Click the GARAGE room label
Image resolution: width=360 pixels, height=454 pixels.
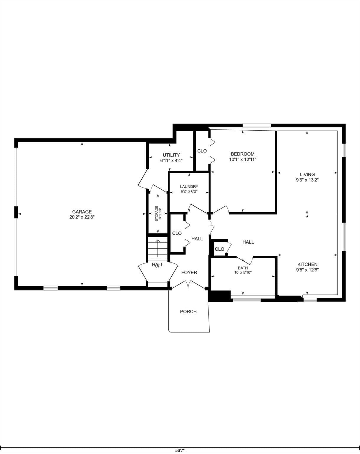pyautogui.click(x=82, y=212)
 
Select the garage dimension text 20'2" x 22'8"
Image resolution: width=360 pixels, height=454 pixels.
pyautogui.click(x=82, y=217)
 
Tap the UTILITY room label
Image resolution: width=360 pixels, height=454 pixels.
pyautogui.click(x=171, y=155)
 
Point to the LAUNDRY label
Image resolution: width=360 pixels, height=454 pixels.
pyautogui.click(x=189, y=187)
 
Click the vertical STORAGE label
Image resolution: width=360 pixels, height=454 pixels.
pyautogui.click(x=157, y=213)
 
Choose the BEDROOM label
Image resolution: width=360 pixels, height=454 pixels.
pyautogui.click(x=242, y=154)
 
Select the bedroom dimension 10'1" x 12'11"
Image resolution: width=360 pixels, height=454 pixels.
pyautogui.click(x=242, y=160)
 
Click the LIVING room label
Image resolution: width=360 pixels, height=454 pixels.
pyautogui.click(x=307, y=174)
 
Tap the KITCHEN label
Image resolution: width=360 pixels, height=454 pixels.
pyautogui.click(x=307, y=264)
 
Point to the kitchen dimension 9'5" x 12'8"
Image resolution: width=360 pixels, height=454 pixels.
pyautogui.click(x=307, y=270)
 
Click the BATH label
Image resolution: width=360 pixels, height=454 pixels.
pyautogui.click(x=243, y=268)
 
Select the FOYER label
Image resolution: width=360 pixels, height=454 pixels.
pyautogui.click(x=189, y=273)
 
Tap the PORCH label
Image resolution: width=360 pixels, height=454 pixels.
pyautogui.click(x=188, y=312)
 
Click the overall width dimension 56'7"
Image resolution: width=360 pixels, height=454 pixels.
pyautogui.click(x=180, y=450)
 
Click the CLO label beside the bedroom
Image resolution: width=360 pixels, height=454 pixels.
pyautogui.click(x=202, y=151)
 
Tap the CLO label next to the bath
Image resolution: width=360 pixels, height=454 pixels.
pyautogui.click(x=219, y=249)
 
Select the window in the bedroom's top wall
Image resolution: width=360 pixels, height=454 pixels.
pyautogui.click(x=257, y=126)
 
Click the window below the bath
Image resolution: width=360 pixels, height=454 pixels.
pyautogui.click(x=247, y=300)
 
